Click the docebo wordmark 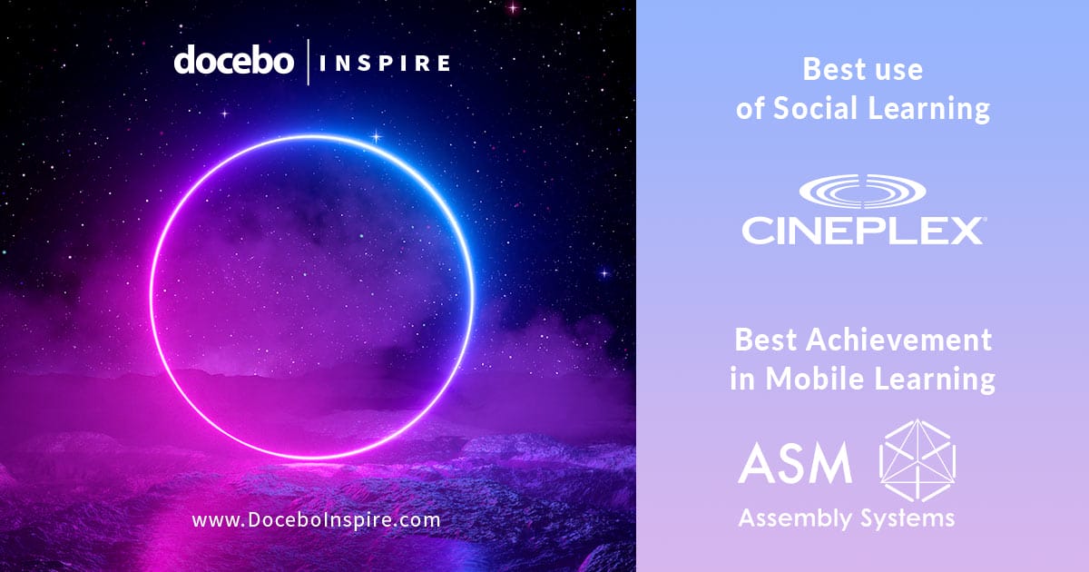click(x=234, y=60)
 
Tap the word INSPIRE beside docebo click(x=385, y=64)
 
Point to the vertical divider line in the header click(x=309, y=63)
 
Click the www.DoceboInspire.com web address click(x=316, y=520)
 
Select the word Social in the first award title click(x=815, y=107)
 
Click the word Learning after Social click(x=929, y=108)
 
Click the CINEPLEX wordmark click(x=862, y=231)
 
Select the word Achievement click(x=899, y=340)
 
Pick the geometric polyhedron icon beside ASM click(x=917, y=460)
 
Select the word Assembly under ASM click(x=795, y=518)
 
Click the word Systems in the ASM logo click(x=907, y=519)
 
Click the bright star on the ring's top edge click(x=376, y=137)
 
